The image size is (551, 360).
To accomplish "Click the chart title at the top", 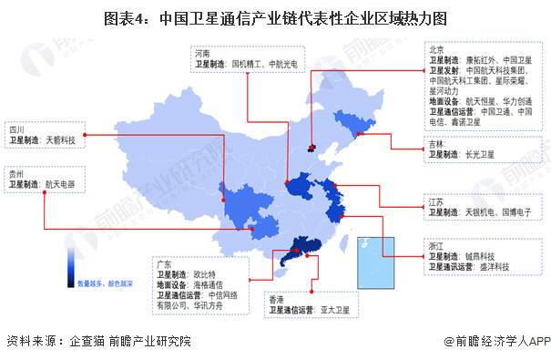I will [275, 17].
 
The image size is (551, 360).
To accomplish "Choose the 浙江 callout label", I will [436, 245].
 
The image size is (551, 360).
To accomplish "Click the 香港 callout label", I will [276, 298].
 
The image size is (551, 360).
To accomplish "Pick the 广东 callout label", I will [165, 262].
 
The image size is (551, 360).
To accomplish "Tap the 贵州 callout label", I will [17, 172].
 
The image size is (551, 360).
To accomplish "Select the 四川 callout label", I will [17, 129].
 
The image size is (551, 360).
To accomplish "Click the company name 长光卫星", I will [483, 156].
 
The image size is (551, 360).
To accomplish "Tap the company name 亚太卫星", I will [342, 310].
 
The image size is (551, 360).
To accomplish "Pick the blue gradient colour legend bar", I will [70, 265].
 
